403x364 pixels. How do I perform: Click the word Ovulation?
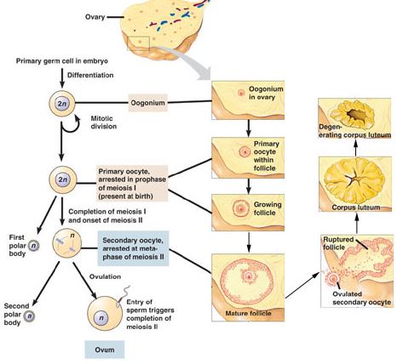(106, 276)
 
